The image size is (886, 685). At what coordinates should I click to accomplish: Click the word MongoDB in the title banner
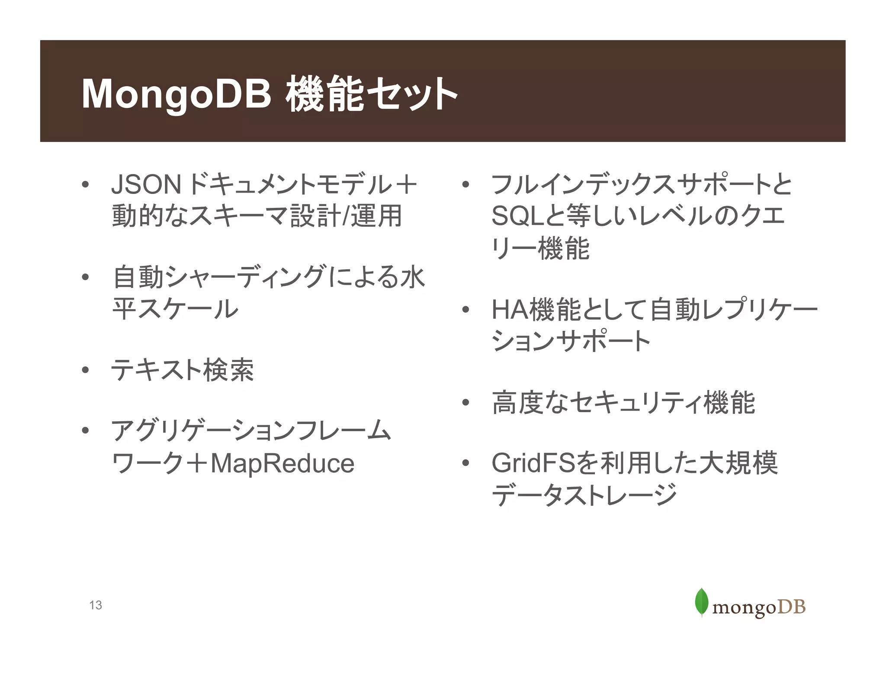[x=177, y=94]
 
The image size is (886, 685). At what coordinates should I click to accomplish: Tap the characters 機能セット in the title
[x=371, y=94]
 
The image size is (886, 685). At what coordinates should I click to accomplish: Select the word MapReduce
[x=282, y=464]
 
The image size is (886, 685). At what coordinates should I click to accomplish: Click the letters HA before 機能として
[x=510, y=310]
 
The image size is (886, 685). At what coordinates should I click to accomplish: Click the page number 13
[x=96, y=605]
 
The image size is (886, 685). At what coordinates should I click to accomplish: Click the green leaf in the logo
[x=701, y=602]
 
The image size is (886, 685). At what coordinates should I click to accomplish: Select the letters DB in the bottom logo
[x=792, y=607]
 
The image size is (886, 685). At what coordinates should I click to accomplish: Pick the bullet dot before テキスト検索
[x=85, y=370]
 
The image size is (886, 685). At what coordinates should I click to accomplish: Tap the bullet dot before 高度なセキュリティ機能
[x=465, y=403]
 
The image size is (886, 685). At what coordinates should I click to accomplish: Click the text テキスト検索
[x=183, y=370]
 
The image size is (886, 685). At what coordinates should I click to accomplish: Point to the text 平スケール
[x=175, y=309]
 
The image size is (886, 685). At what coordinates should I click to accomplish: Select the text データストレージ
[x=584, y=495]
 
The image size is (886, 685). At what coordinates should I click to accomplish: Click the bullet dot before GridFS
[x=465, y=463]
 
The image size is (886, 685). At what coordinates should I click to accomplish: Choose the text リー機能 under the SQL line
[x=540, y=249]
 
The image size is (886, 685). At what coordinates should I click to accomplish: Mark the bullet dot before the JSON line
[x=85, y=185]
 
